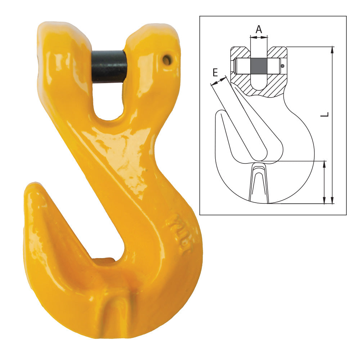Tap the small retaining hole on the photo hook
[167, 60]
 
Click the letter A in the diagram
[259, 30]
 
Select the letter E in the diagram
[215, 73]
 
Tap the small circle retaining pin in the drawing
[283, 66]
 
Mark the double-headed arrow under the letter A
[259, 37]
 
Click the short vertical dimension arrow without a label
[324, 182]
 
